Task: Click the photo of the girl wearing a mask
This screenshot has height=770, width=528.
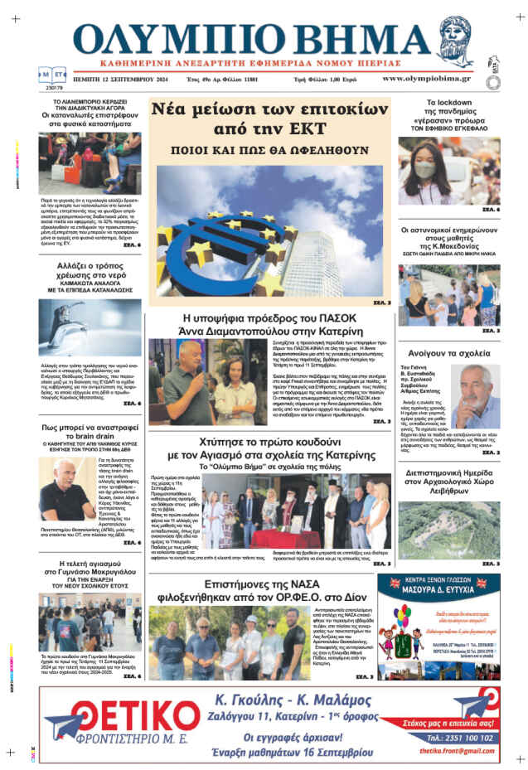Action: coord(448,170)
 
